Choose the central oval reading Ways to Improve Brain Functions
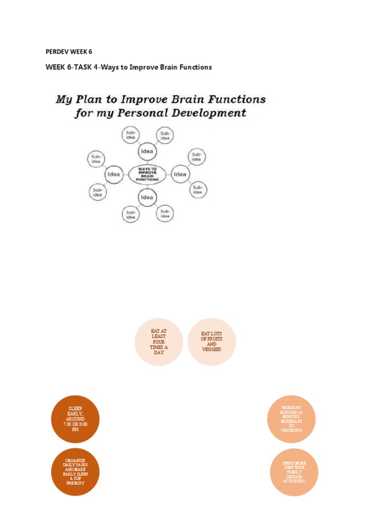pos(147,174)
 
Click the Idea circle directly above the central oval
pos(147,152)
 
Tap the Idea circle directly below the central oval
pos(147,197)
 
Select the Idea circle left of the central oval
pos(114,175)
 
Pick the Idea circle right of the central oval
pos(180,175)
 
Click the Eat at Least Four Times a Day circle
pos(159,342)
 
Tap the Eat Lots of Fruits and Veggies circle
pos(212,342)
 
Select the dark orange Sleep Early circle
pos(75,419)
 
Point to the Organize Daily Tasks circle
pos(75,471)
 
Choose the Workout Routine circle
pos(292,419)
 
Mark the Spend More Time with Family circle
pos(294,471)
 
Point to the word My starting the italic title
pos(64,99)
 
